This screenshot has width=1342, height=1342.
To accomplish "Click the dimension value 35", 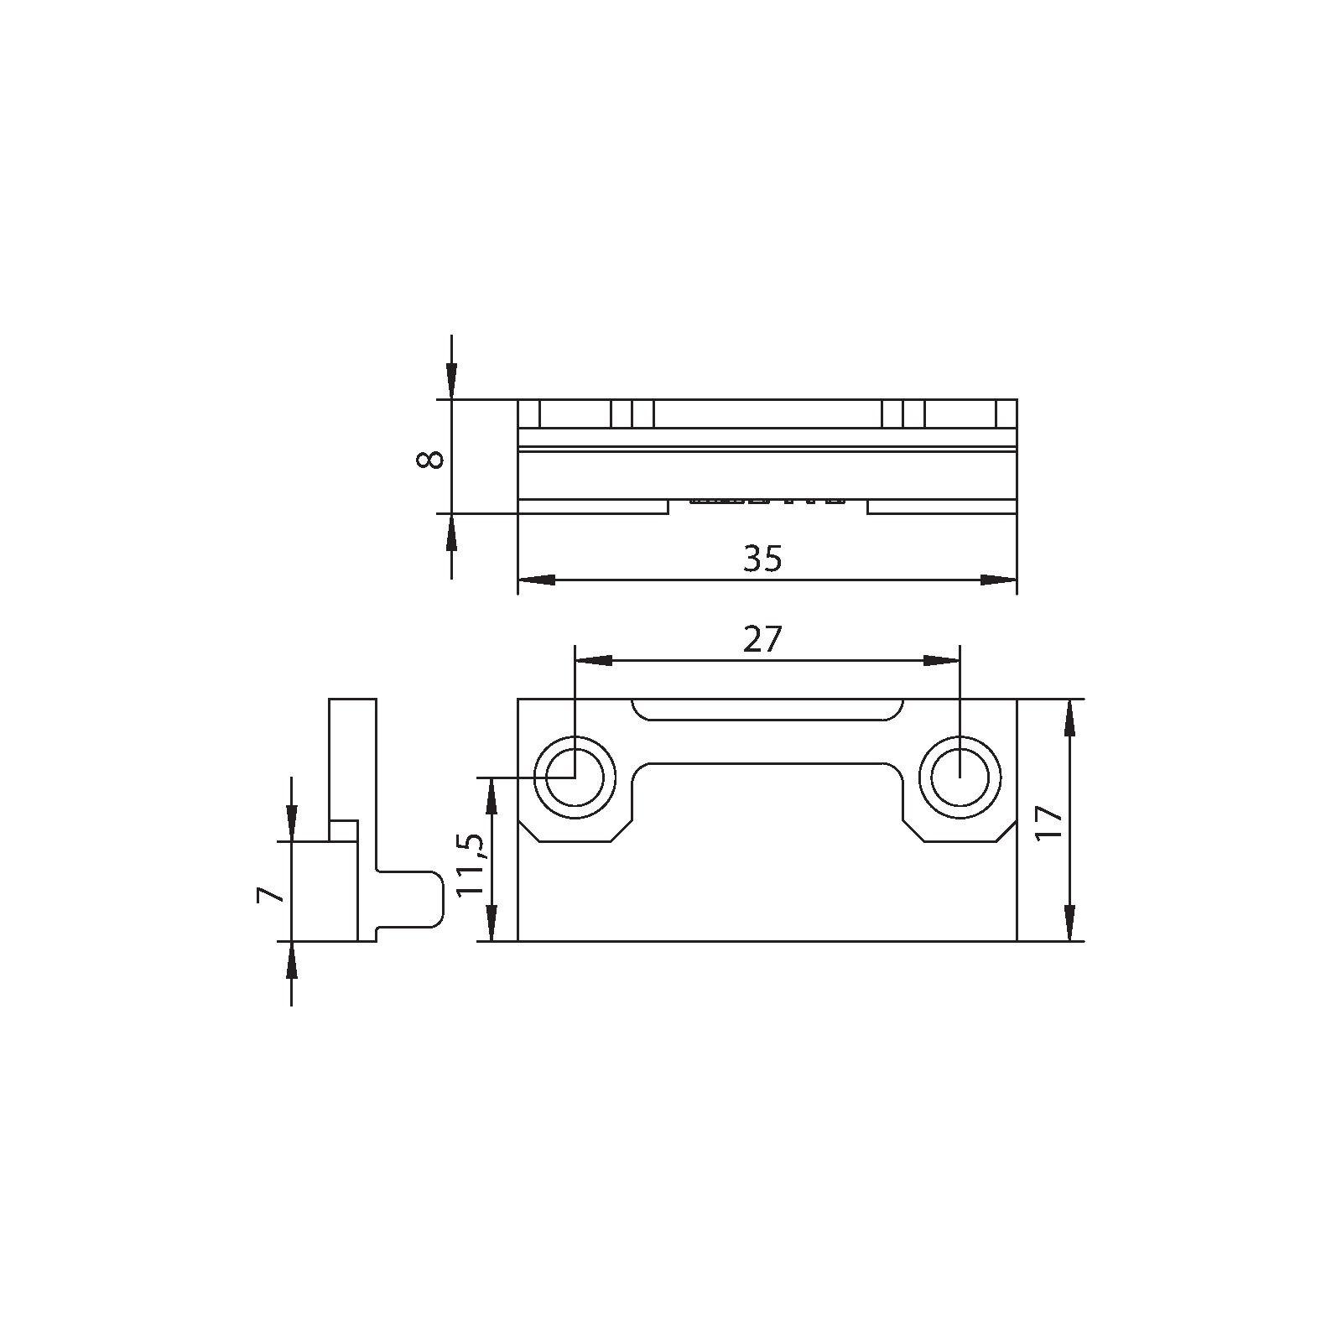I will tap(762, 559).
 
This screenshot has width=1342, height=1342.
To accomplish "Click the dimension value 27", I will tap(762, 641).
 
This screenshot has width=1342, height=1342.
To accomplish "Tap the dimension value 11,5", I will tap(471, 865).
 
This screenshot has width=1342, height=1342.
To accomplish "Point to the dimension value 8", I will tap(429, 459).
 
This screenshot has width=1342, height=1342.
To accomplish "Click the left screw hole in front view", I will tap(575, 778).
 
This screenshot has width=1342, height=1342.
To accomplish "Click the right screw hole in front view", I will tap(960, 778).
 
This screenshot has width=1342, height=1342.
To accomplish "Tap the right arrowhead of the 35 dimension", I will tap(998, 580).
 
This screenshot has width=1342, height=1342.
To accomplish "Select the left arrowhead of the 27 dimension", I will tap(592, 661).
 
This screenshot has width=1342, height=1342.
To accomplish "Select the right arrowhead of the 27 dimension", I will tap(942, 661).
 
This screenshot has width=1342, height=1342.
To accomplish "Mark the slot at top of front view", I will tap(767, 710).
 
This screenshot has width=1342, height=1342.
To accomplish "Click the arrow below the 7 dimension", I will tap(291, 960).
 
